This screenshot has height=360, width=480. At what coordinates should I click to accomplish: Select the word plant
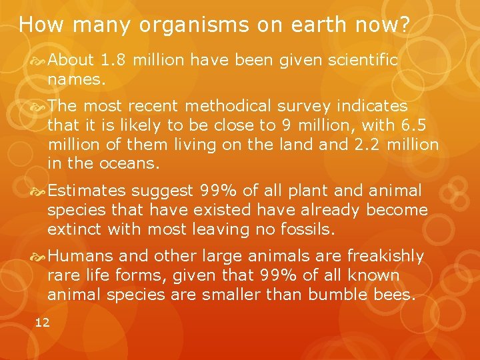point(309,191)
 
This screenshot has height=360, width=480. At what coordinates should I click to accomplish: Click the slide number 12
point(42,323)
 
